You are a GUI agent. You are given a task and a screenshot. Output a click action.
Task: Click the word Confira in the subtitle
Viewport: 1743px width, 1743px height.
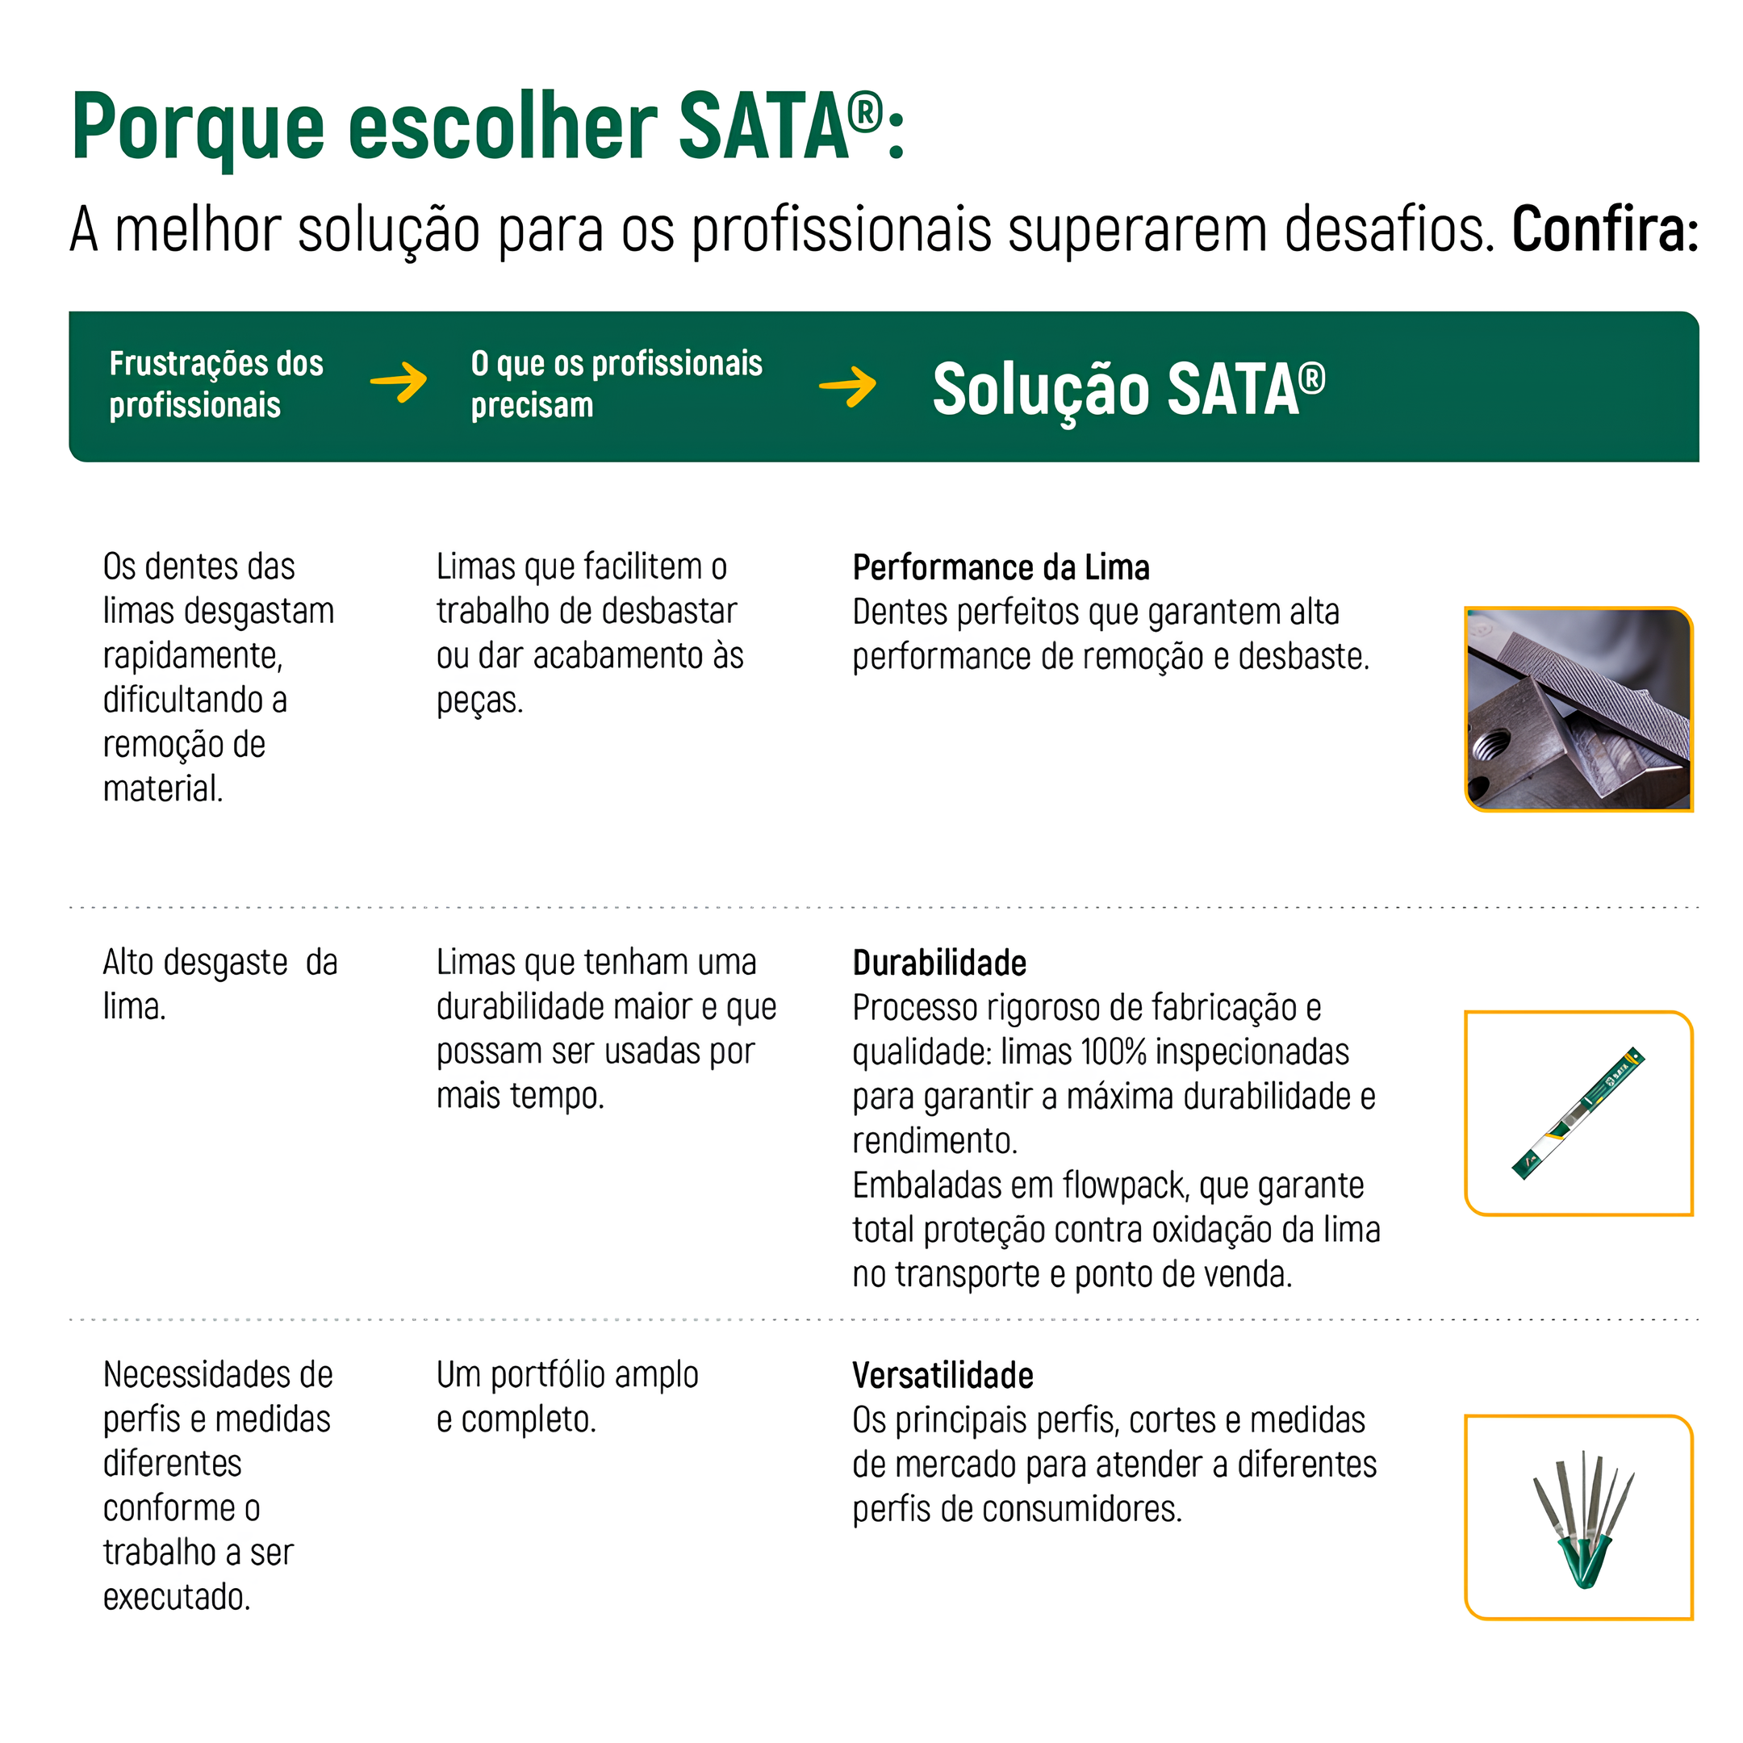tap(1604, 229)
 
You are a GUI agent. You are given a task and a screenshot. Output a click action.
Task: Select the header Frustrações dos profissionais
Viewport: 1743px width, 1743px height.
tap(215, 384)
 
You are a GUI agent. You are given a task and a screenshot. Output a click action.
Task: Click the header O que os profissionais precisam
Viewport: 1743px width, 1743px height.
tap(617, 384)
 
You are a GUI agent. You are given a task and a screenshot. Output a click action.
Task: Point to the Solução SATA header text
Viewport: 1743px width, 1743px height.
tap(1129, 390)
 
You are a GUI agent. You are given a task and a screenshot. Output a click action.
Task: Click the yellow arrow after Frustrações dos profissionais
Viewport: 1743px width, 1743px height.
tap(399, 382)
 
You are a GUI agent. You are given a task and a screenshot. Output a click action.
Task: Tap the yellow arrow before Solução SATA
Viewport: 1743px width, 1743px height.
tap(847, 387)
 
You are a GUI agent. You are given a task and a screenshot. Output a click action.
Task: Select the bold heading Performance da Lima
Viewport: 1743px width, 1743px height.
tap(1001, 567)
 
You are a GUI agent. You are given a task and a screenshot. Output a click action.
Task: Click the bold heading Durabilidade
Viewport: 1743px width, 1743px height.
tap(939, 963)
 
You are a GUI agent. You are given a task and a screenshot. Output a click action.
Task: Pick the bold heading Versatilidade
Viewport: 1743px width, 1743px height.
tap(943, 1376)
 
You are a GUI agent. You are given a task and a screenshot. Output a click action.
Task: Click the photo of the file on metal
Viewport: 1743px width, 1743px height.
tap(1578, 709)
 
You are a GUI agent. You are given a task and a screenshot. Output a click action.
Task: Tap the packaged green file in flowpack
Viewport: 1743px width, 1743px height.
tap(1578, 1114)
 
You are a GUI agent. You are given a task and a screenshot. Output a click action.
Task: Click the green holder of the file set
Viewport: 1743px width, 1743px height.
tap(1583, 1562)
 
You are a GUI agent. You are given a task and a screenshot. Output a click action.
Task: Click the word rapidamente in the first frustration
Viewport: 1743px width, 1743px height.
tap(192, 656)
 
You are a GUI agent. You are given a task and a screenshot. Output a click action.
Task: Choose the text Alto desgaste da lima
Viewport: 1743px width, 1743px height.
tap(219, 984)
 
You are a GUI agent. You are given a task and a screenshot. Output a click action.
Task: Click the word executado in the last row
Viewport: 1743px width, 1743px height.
tap(176, 1597)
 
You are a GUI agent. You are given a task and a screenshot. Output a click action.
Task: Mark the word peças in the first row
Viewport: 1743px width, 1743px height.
tap(479, 701)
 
